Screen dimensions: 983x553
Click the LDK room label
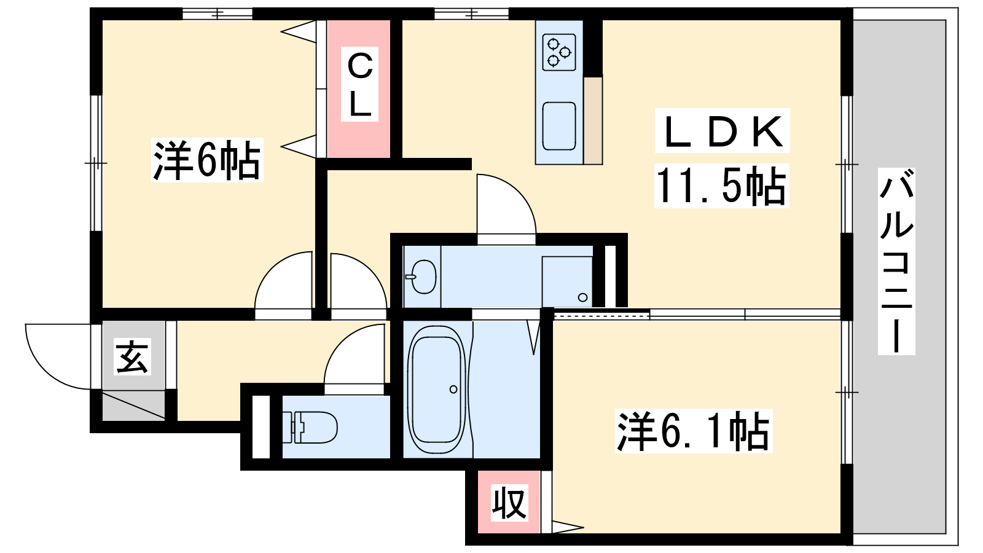click(723, 131)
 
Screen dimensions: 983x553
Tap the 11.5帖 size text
click(721, 186)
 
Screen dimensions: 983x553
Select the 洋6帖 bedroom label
click(206, 160)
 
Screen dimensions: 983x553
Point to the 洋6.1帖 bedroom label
click(694, 431)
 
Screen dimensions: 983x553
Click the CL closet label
click(360, 84)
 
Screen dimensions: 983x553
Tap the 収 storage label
click(509, 503)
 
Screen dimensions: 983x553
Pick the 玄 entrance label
click(133, 356)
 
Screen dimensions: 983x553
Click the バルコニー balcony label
click(896, 262)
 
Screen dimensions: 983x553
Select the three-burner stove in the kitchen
click(559, 52)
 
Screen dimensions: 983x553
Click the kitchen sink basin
click(559, 127)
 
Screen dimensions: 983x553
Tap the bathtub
click(437, 390)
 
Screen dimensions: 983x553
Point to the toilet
click(310, 428)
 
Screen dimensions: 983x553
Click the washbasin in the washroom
click(422, 276)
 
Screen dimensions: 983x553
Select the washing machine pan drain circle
click(583, 297)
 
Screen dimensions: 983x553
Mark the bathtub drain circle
click(453, 390)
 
